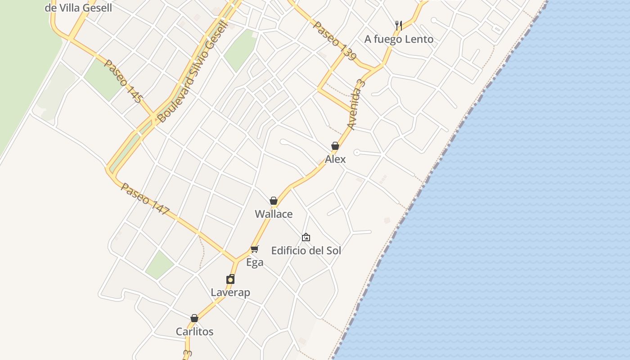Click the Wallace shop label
click(x=274, y=214)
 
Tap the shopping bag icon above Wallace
click(x=274, y=201)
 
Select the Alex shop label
click(x=335, y=159)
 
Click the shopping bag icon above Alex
click(x=335, y=146)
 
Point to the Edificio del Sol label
click(x=306, y=251)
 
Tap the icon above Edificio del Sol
click(x=306, y=237)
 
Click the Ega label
click(x=255, y=262)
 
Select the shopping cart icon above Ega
click(x=255, y=249)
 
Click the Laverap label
click(x=230, y=292)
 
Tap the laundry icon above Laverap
click(x=230, y=279)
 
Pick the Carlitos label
click(x=194, y=332)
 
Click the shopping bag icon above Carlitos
click(x=194, y=318)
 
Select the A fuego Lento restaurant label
click(x=399, y=39)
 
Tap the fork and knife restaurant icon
click(x=399, y=25)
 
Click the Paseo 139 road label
click(x=335, y=41)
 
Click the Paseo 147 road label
click(x=145, y=199)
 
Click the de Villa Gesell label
click(x=78, y=8)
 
